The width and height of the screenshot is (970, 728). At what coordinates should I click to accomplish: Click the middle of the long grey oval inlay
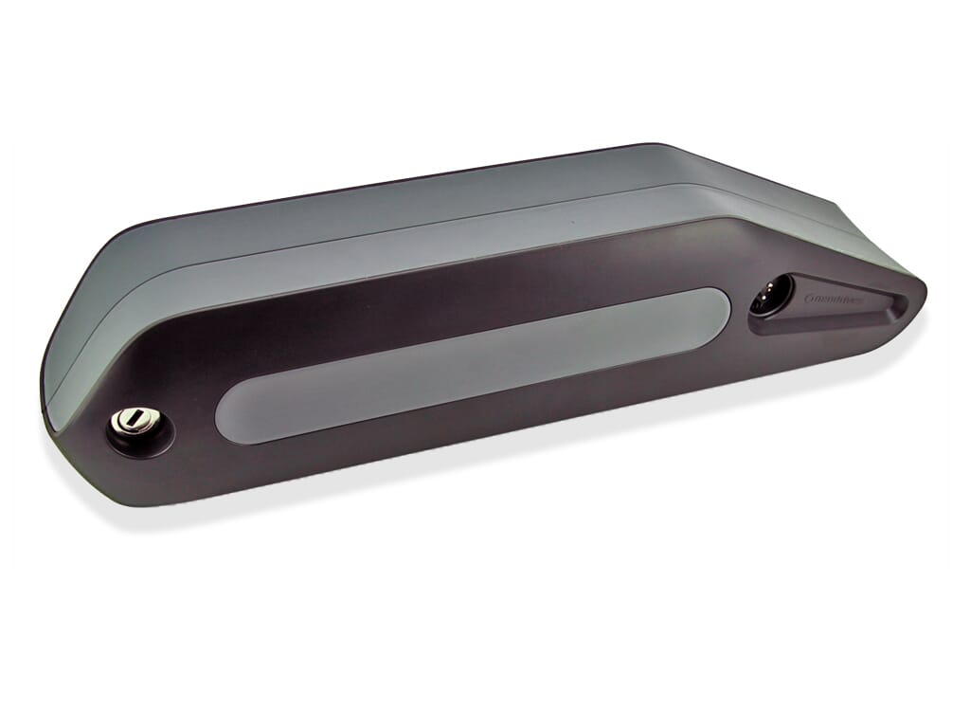tap(474, 365)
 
